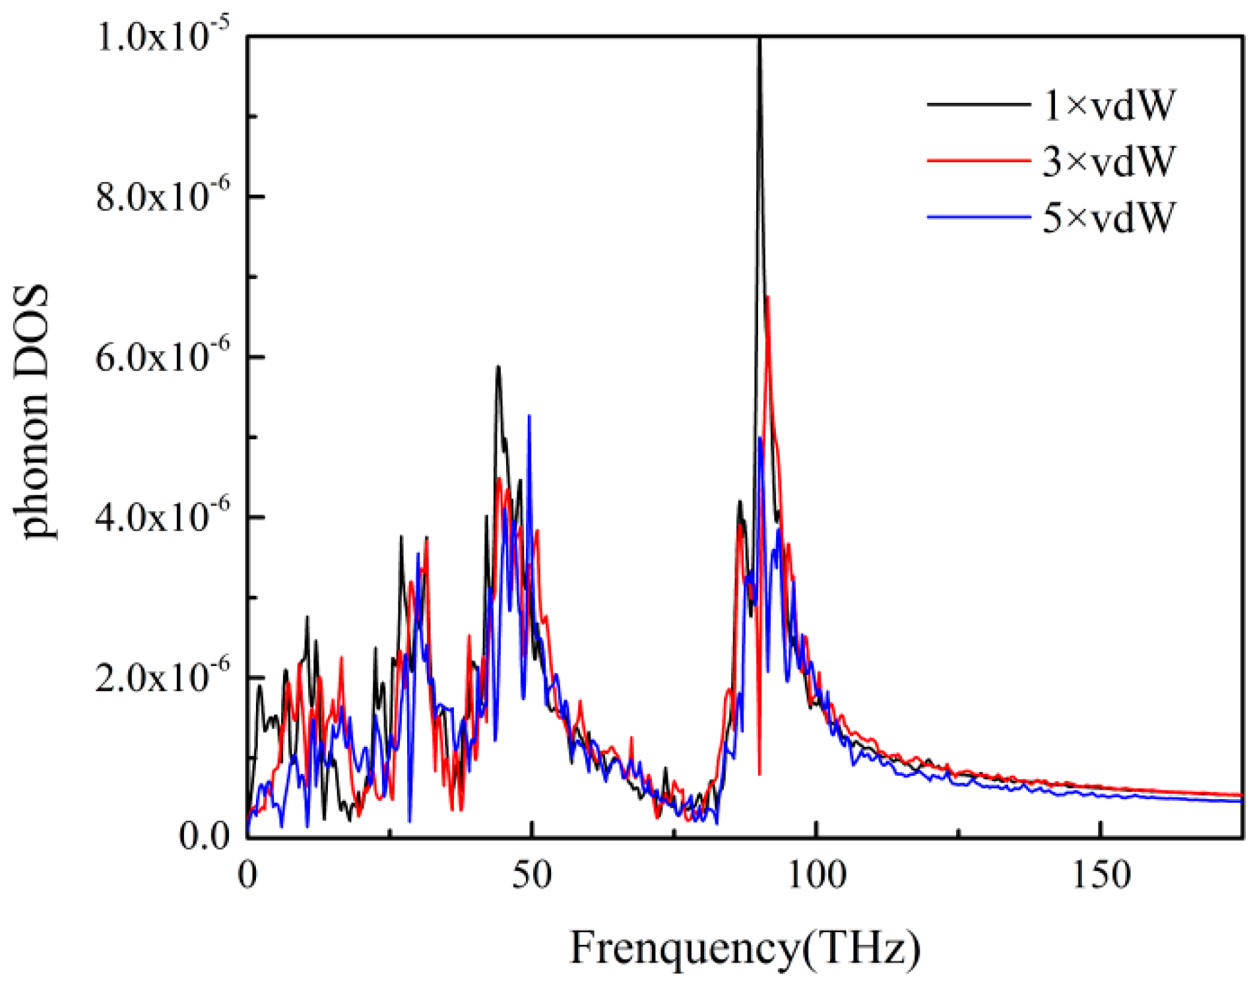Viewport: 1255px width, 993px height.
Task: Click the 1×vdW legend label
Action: (x=1109, y=104)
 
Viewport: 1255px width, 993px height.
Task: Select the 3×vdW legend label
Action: (x=1109, y=160)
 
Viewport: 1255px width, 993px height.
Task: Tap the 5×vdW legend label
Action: (x=1109, y=216)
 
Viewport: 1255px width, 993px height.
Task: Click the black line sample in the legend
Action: (x=978, y=104)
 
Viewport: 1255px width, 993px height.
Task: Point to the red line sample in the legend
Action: (x=978, y=160)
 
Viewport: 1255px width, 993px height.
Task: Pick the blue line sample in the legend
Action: (x=978, y=216)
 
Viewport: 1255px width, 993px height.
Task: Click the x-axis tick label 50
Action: (x=532, y=875)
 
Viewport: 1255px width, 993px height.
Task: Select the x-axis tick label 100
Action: (x=817, y=875)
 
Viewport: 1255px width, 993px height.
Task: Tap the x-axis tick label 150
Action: (x=1101, y=875)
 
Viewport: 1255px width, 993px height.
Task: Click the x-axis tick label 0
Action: (x=247, y=875)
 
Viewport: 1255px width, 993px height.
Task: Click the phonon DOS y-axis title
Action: (x=33, y=412)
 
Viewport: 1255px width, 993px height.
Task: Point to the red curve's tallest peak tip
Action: (x=768, y=298)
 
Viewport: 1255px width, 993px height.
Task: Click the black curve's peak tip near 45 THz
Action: (x=499, y=367)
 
